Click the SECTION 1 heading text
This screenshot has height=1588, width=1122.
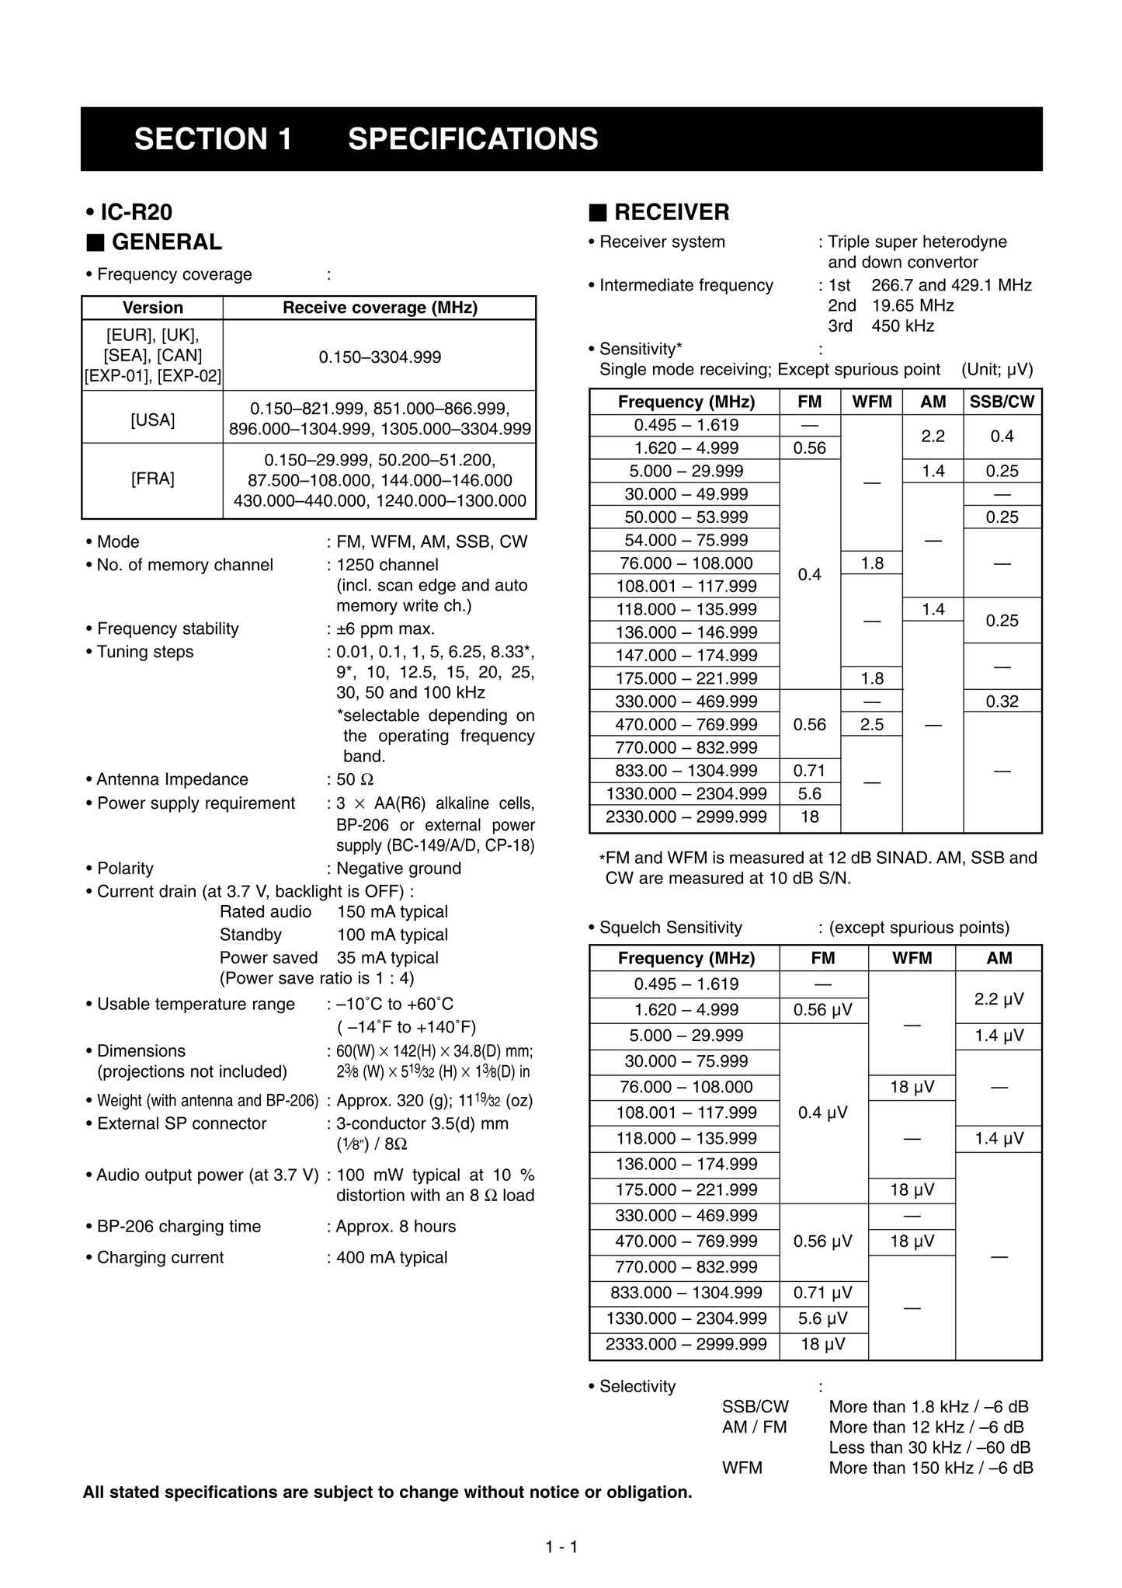coord(214,139)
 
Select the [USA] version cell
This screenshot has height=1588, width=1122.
coord(153,420)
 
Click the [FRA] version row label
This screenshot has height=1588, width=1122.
coord(153,479)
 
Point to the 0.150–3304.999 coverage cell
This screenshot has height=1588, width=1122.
coord(380,357)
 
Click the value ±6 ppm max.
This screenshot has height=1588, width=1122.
coord(385,629)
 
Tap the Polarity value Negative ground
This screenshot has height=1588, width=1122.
coord(398,869)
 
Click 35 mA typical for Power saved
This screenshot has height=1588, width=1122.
coord(387,958)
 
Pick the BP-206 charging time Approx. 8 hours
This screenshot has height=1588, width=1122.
coord(396,1227)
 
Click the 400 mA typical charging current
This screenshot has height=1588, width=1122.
coord(391,1258)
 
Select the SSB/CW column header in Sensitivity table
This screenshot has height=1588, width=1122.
coord(1002,402)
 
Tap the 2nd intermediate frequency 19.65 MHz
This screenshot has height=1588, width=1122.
coord(912,305)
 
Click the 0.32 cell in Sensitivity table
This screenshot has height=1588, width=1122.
coord(1002,702)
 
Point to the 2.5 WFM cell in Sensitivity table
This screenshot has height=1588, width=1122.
coord(872,725)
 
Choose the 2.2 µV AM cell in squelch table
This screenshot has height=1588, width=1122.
coord(999,998)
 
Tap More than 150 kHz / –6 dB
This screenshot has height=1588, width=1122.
coord(930,1468)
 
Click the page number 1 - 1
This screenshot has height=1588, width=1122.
coord(561,1547)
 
